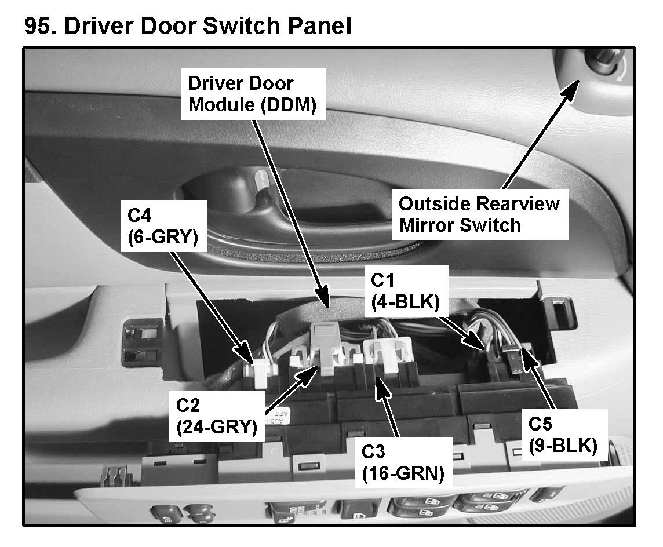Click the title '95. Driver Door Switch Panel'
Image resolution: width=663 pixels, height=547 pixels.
click(188, 26)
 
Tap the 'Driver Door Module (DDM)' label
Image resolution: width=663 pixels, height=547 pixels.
click(249, 95)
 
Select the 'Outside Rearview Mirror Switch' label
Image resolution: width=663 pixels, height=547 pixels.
click(479, 214)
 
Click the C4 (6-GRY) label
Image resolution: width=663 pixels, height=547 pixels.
click(164, 225)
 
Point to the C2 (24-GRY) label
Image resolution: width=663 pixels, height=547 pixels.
click(216, 417)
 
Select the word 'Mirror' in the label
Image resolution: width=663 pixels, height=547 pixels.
click(425, 225)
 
